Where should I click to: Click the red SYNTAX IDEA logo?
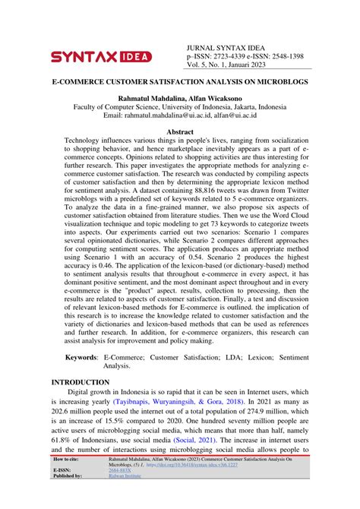(x=100, y=56)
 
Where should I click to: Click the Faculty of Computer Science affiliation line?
(x=180, y=107)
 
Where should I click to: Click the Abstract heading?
(x=180, y=132)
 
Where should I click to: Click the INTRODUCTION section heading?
(x=80, y=381)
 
